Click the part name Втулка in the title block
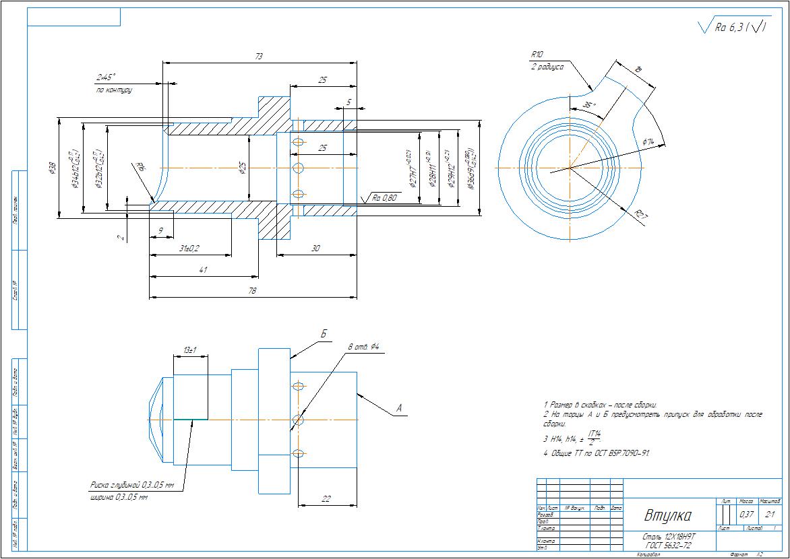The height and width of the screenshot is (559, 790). pyautogui.click(x=668, y=516)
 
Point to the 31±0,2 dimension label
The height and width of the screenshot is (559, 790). pyautogui.click(x=189, y=249)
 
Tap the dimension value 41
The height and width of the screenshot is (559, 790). pyautogui.click(x=203, y=270)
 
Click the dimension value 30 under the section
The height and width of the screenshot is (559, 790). pyautogui.click(x=315, y=249)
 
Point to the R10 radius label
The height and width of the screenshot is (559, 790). pyautogui.click(x=537, y=55)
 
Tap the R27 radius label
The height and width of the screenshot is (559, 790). pyautogui.click(x=641, y=216)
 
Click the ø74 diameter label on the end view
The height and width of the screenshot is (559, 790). pyautogui.click(x=648, y=141)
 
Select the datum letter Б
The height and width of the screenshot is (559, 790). pyautogui.click(x=324, y=335)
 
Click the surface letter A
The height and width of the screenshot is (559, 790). pyautogui.click(x=398, y=407)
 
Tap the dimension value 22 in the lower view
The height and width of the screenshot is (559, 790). pyautogui.click(x=326, y=498)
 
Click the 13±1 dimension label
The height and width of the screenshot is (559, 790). pyautogui.click(x=189, y=351)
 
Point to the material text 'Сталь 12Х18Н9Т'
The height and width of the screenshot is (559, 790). pyautogui.click(x=669, y=537)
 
